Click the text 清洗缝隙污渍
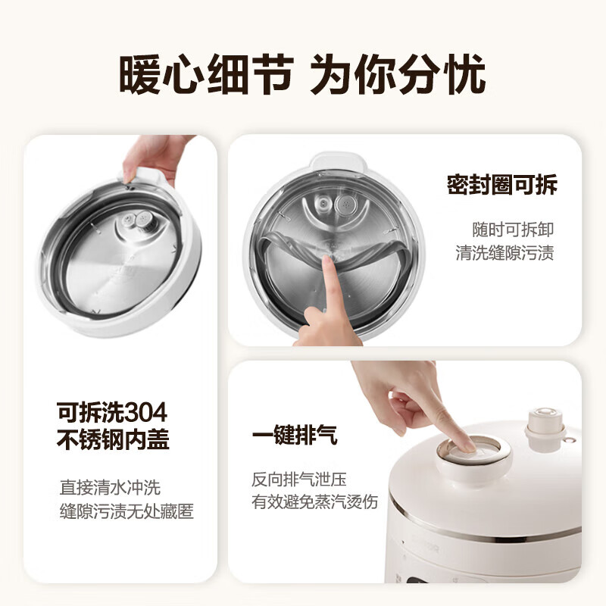[x=504, y=253]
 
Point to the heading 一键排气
[x=295, y=436]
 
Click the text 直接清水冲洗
[x=110, y=487]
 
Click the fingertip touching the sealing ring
[x=328, y=261]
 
